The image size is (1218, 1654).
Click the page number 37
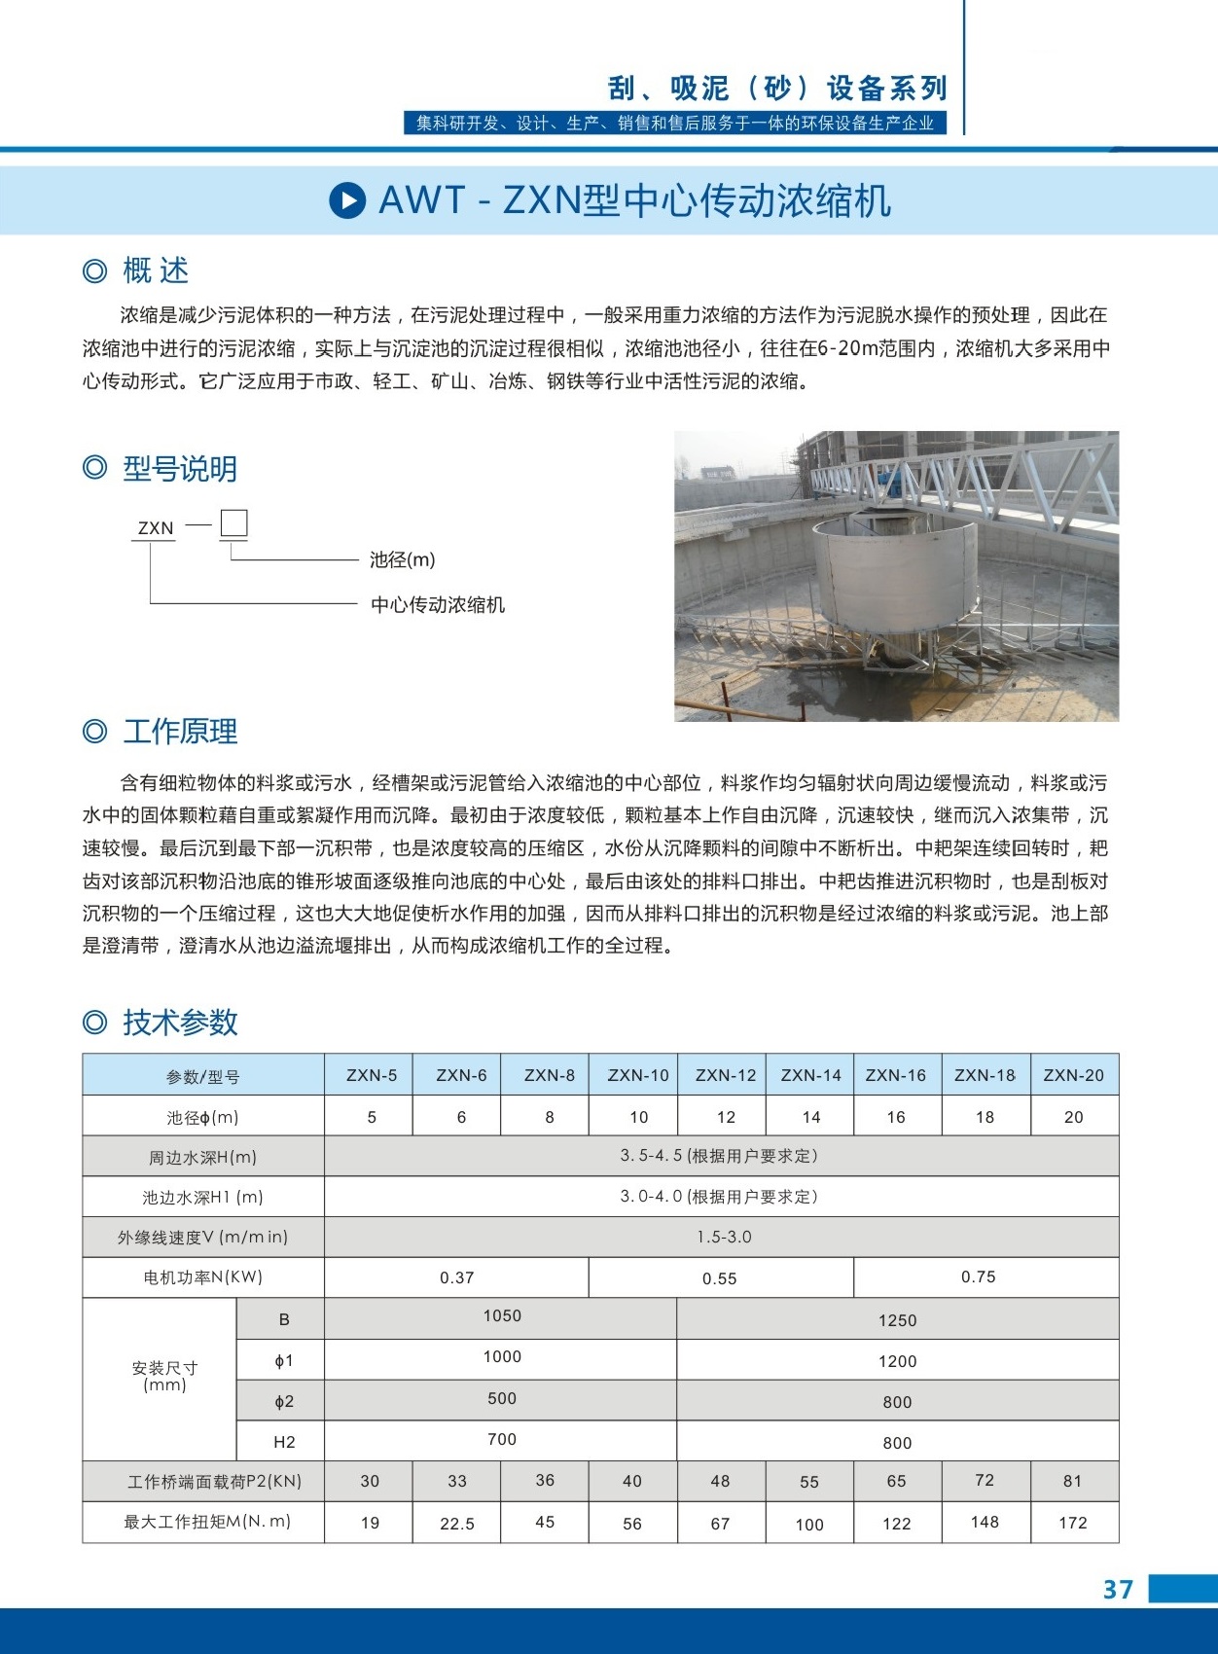(x=1118, y=1589)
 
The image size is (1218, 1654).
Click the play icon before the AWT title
(x=347, y=200)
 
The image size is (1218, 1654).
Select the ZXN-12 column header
(x=725, y=1075)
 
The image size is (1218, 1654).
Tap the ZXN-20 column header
(x=1073, y=1075)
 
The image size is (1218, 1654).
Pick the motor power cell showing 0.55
(x=720, y=1278)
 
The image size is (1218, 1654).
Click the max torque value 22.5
(x=457, y=1524)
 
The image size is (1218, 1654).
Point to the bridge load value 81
(x=1072, y=1481)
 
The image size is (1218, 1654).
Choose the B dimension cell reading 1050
(x=502, y=1316)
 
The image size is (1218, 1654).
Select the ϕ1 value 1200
(x=897, y=1361)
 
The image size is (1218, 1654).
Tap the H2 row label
(x=284, y=1442)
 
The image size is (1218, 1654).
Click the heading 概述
(x=156, y=270)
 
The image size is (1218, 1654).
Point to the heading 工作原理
(x=180, y=731)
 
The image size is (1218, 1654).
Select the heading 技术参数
(x=180, y=1023)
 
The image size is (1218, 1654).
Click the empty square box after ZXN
(x=233, y=523)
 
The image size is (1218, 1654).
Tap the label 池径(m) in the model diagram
(x=402, y=559)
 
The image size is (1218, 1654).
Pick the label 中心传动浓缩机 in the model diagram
(x=438, y=604)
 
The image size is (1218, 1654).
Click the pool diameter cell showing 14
(x=810, y=1117)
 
